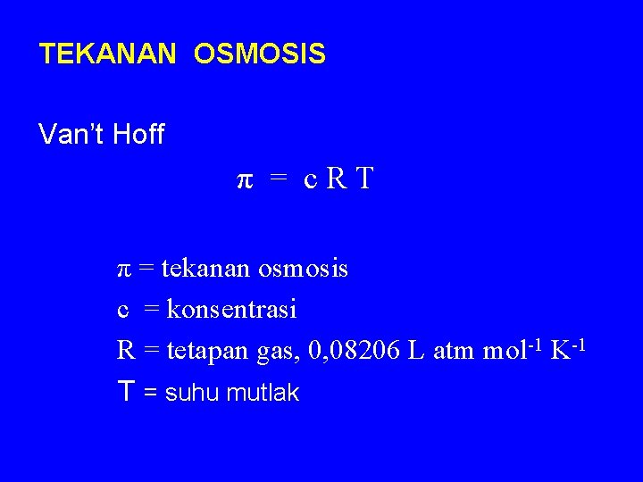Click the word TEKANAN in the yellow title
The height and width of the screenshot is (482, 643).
108,55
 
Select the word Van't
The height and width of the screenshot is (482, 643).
71,135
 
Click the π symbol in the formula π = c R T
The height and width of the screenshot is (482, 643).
244,181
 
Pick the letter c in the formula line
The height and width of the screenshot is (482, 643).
309,181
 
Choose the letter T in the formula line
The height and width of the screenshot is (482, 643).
363,180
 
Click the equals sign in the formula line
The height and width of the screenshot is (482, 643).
279,181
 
